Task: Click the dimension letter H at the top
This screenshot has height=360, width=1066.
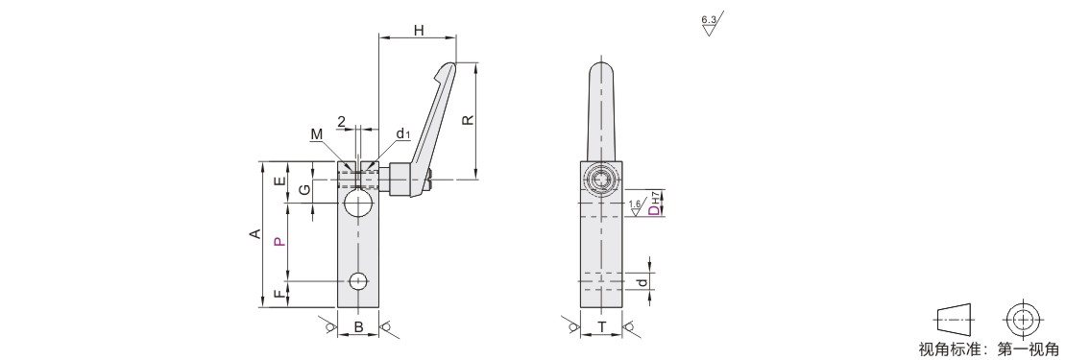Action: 419,30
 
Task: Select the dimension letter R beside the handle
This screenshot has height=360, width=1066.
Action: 468,120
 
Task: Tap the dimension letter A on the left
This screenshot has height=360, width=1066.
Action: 254,234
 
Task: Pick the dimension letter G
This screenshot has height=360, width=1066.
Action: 305,188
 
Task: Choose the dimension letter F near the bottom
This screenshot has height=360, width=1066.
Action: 279,294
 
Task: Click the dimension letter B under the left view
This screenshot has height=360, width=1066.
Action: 358,327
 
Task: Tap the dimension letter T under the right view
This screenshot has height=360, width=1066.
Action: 601,327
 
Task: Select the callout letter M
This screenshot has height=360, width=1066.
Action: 317,134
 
